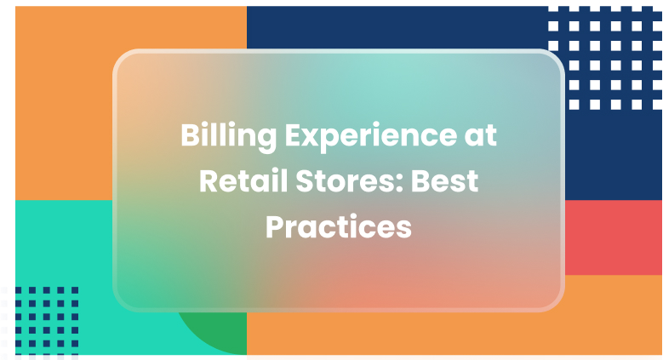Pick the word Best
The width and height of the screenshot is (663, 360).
[445, 182]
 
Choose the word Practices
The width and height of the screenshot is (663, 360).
[339, 227]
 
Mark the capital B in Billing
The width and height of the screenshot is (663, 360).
[189, 137]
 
